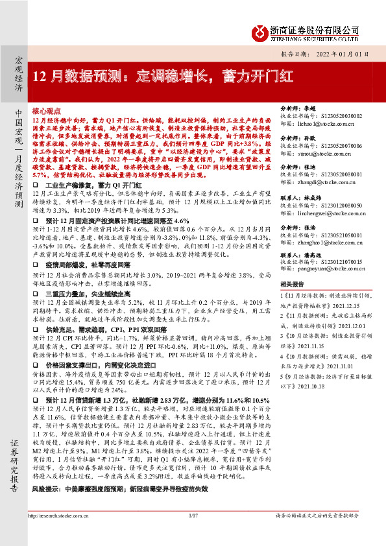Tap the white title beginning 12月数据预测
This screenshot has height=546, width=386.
(162, 75)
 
